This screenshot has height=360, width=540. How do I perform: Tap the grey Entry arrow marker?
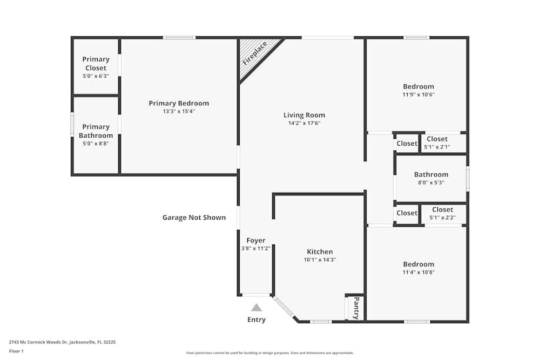point(256,307)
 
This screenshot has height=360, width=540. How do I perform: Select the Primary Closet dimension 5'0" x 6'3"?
point(96,76)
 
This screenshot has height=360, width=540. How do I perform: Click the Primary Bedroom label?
point(179,103)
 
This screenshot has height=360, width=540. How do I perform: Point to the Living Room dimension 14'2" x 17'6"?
point(304,123)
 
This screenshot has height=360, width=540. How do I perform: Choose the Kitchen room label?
point(320,252)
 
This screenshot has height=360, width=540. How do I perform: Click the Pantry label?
point(356,308)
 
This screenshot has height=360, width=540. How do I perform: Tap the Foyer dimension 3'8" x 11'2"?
point(256,248)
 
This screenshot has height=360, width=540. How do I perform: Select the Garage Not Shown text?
point(194,218)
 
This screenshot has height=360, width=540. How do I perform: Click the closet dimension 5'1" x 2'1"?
point(437,147)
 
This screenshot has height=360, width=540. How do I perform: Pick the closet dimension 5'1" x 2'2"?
point(443,218)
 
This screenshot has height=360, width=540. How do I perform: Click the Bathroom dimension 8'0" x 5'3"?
point(431,183)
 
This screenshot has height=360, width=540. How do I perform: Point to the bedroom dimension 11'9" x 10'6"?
point(418,94)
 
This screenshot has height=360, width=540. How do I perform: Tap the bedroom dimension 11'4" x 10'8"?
point(418,272)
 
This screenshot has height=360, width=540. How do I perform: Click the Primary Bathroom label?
point(96,131)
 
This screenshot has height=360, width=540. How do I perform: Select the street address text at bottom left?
point(62,342)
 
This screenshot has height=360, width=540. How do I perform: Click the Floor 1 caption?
point(16,351)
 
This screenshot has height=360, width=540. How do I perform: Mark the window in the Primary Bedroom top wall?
point(179,38)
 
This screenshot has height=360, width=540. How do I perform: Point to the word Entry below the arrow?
point(256,320)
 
